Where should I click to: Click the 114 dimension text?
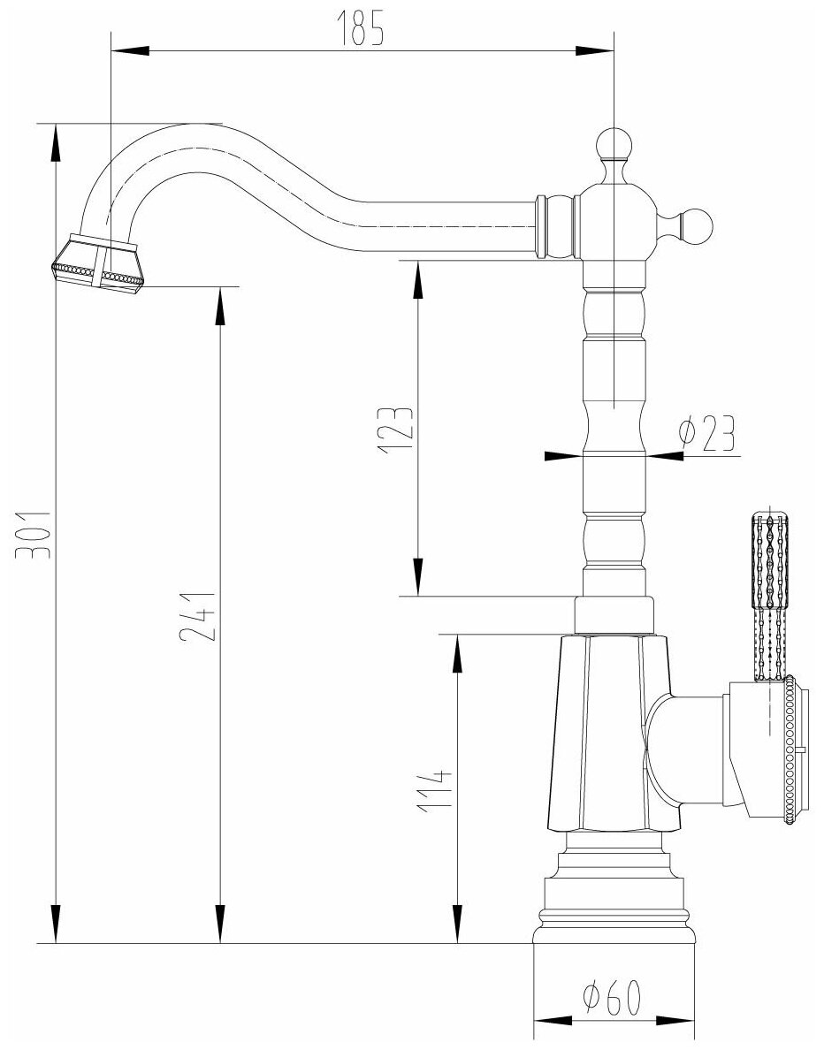435,790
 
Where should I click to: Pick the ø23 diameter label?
707,435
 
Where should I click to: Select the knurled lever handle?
767,596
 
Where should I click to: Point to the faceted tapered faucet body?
601,734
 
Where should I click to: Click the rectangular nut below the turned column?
614,614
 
